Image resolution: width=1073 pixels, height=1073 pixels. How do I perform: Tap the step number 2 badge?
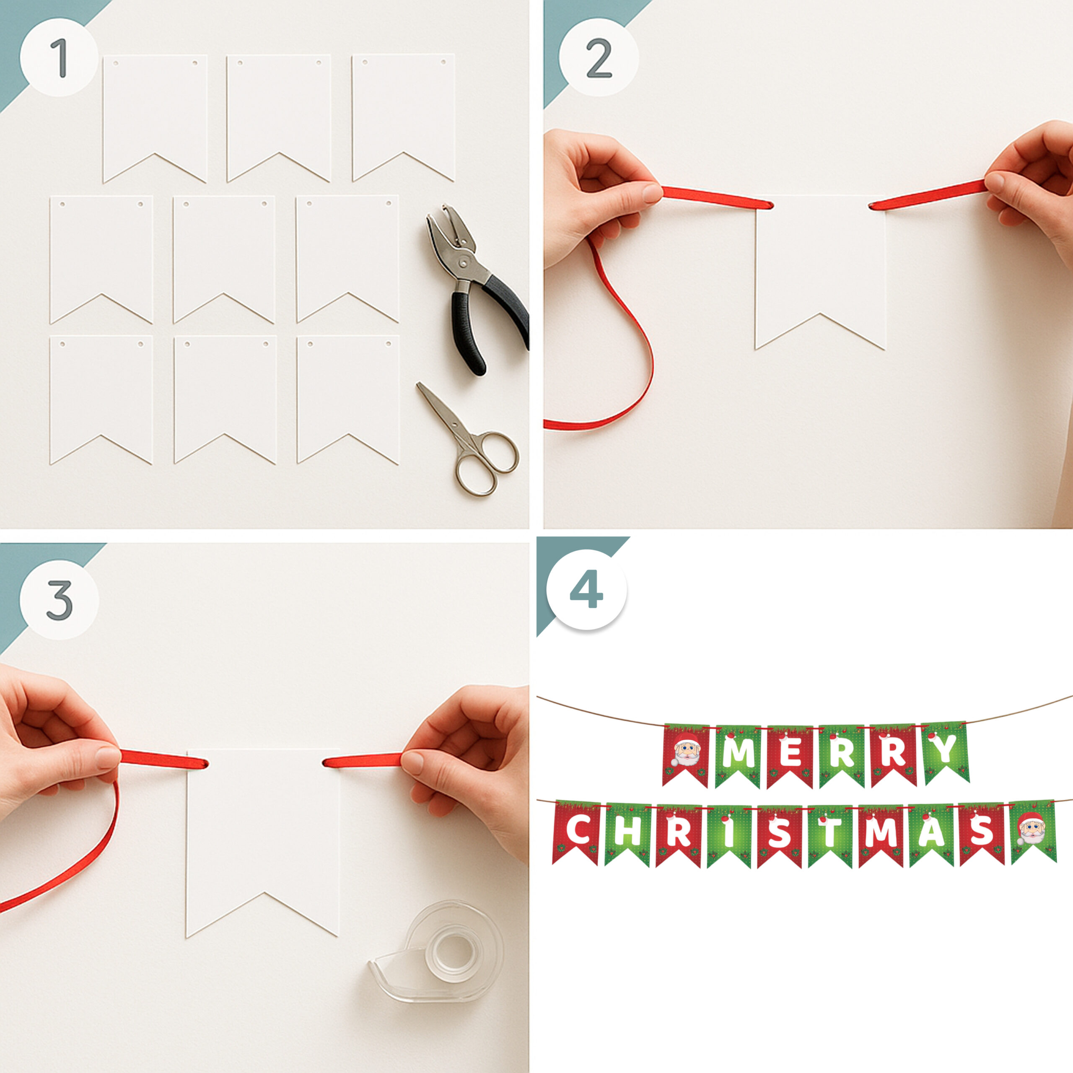pyautogui.click(x=599, y=58)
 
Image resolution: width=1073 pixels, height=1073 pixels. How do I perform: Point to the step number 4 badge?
pyautogui.click(x=586, y=590)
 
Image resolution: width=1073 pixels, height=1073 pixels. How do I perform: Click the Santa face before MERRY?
pyautogui.click(x=687, y=749)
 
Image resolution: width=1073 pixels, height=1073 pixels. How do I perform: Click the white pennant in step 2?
pyautogui.click(x=820, y=272)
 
